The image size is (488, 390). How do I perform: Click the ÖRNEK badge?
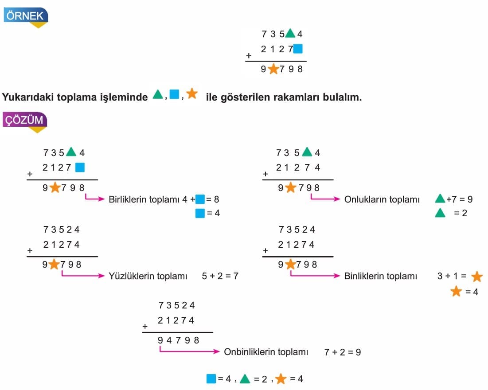(25, 16)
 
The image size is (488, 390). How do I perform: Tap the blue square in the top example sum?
(298, 49)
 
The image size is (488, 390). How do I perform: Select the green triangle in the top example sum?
(290, 33)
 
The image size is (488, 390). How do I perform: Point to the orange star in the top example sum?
(273, 69)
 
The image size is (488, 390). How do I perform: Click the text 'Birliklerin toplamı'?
(144, 199)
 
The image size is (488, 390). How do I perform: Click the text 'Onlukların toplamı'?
(382, 199)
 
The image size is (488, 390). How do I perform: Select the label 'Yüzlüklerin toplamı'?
(148, 276)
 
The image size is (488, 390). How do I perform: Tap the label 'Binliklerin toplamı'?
(380, 276)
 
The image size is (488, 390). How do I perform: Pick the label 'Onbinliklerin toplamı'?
(265, 352)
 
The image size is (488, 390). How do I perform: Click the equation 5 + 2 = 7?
(220, 276)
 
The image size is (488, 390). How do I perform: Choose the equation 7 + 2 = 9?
(342, 352)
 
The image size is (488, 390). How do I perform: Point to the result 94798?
(179, 340)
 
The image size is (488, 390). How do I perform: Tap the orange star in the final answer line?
(281, 379)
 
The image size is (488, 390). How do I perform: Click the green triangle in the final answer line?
(245, 379)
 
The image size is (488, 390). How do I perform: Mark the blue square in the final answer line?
(211, 379)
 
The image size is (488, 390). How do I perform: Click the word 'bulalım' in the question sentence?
(344, 97)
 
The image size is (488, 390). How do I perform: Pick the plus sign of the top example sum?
(249, 56)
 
